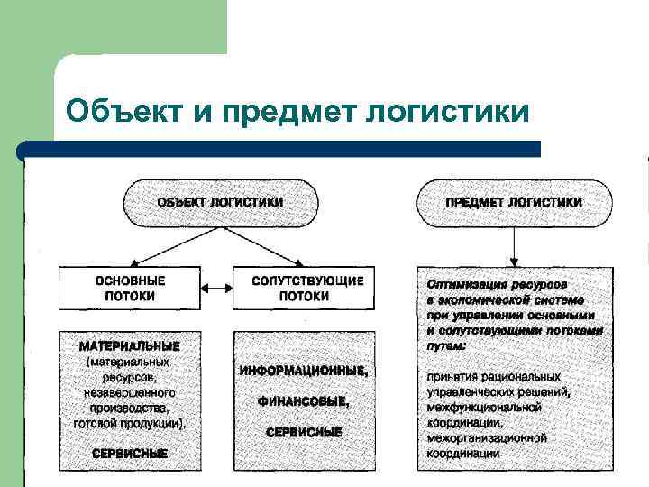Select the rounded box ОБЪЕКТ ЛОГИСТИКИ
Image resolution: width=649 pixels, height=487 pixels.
(x=220, y=203)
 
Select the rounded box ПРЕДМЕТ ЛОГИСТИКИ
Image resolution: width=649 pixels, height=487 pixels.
(x=514, y=203)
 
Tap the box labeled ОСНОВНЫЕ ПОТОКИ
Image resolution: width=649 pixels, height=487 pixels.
(x=130, y=288)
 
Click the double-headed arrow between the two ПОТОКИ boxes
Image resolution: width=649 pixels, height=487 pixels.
(x=217, y=289)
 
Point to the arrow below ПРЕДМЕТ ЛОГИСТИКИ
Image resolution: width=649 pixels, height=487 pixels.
(x=514, y=245)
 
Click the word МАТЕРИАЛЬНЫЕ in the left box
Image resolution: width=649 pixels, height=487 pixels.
(x=130, y=345)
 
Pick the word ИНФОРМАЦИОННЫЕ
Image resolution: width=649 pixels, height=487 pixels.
(x=304, y=371)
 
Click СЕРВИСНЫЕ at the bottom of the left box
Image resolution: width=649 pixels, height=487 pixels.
(x=130, y=453)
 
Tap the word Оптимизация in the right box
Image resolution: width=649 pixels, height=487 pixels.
(x=462, y=284)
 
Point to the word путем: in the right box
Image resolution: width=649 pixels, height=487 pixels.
(x=447, y=345)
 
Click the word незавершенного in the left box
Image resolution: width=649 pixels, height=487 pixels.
(x=130, y=392)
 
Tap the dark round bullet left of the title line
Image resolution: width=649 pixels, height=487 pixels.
(x=24, y=151)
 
